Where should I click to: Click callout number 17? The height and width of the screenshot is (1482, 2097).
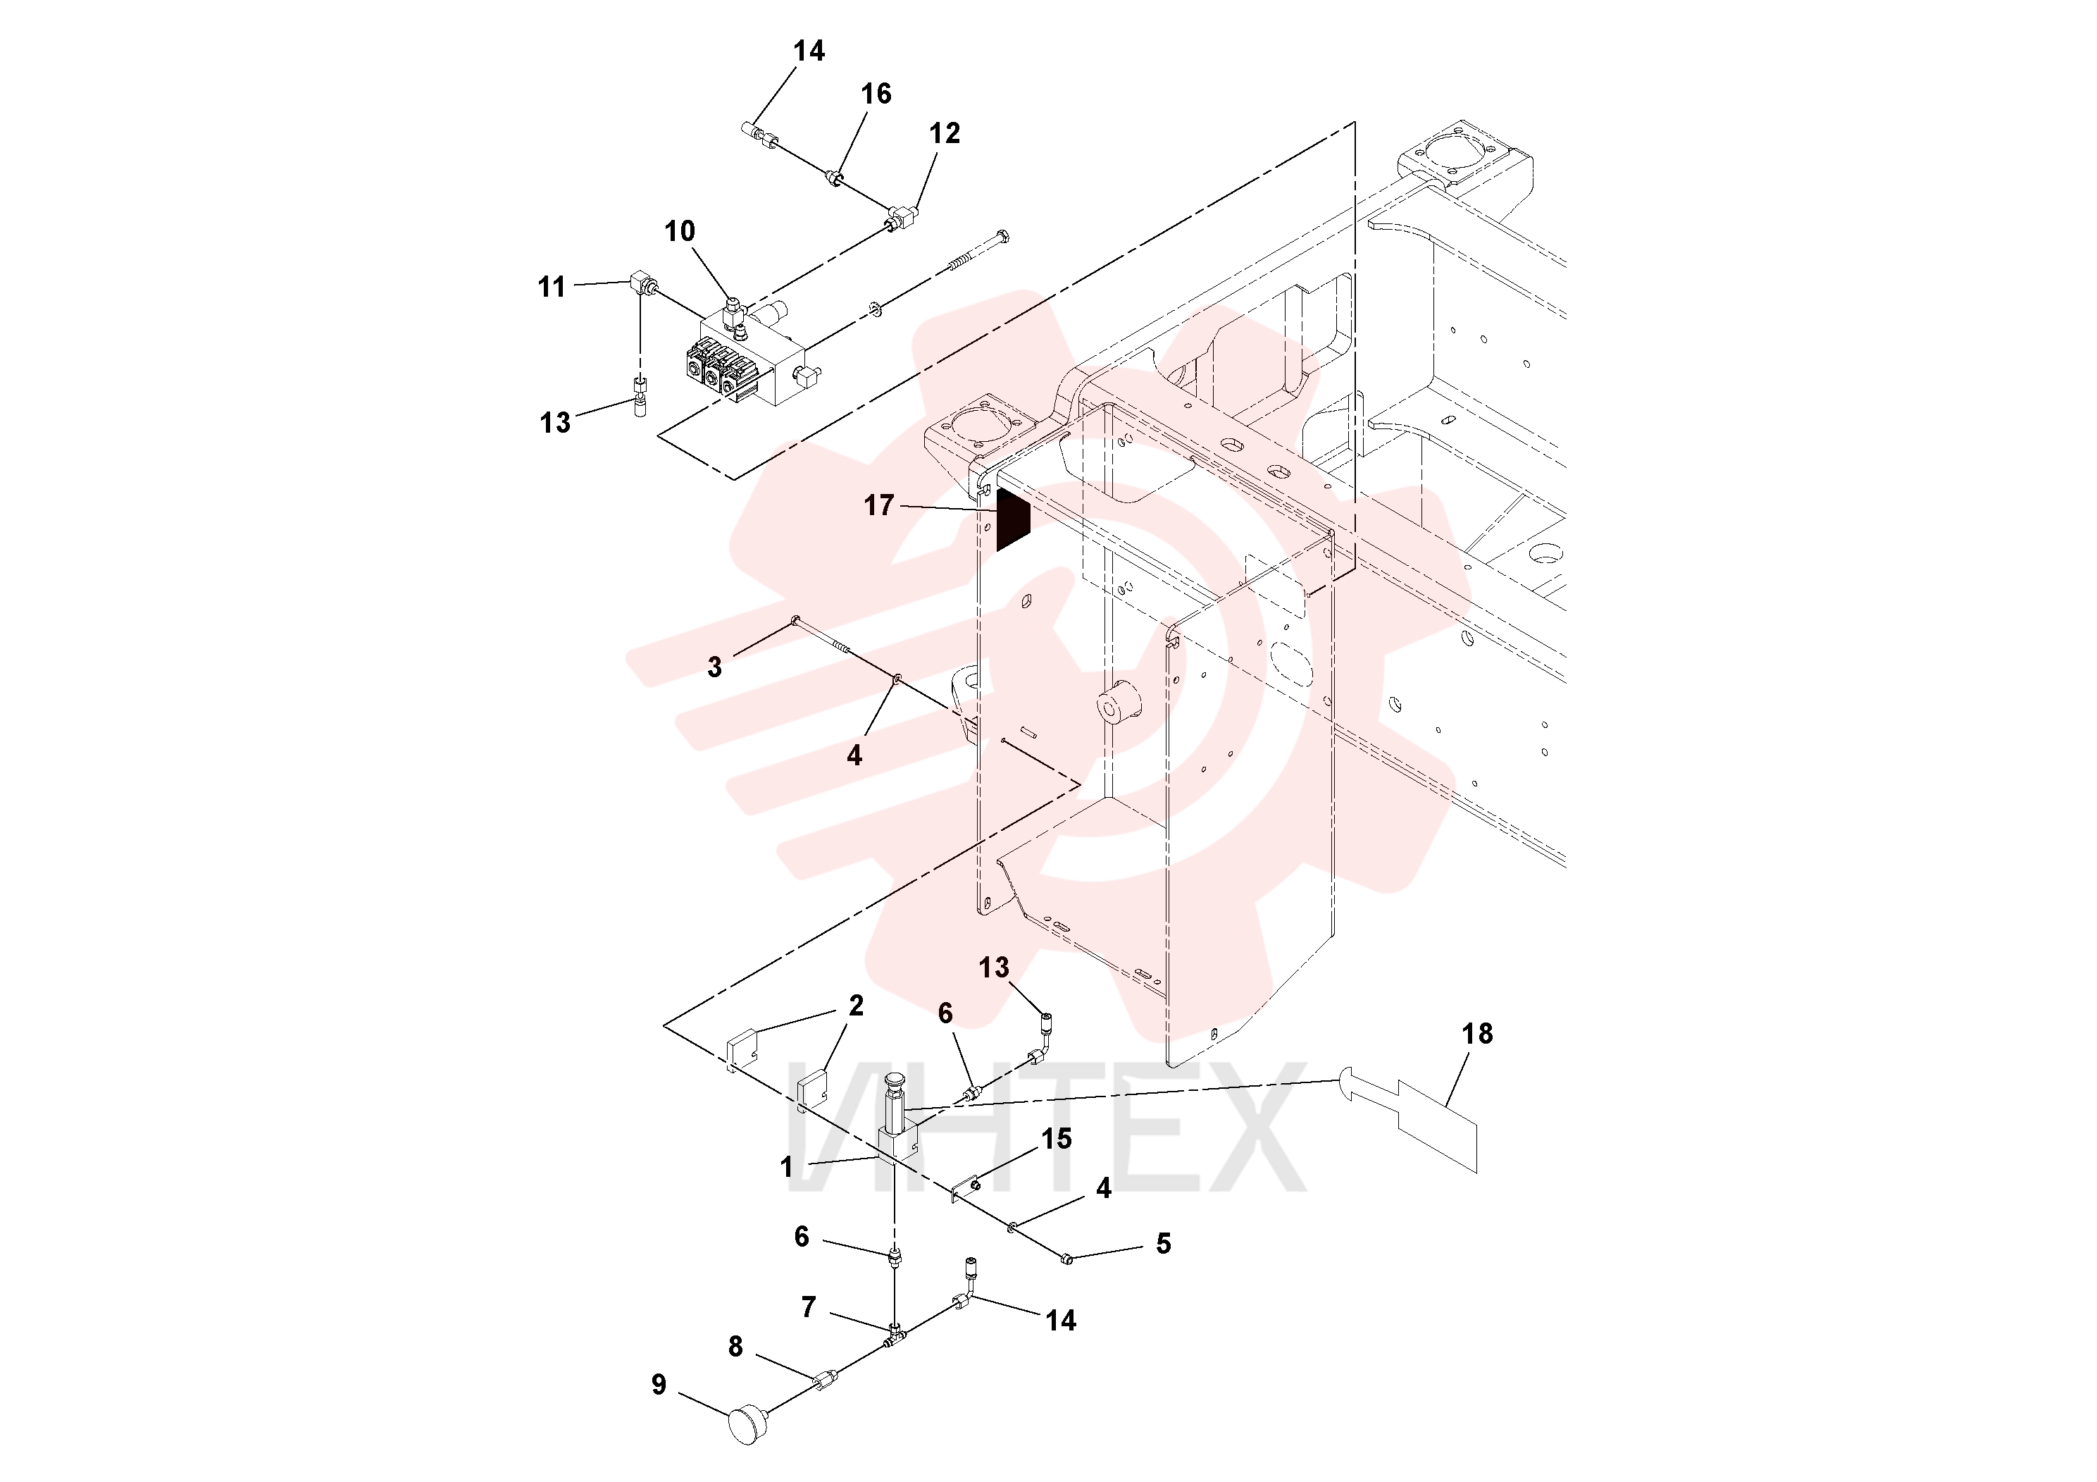pyautogui.click(x=878, y=505)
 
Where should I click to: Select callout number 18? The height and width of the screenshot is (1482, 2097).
pyautogui.click(x=1477, y=1033)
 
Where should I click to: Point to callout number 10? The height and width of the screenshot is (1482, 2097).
pyautogui.click(x=680, y=231)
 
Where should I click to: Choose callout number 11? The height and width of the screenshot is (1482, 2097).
pyautogui.click(x=552, y=287)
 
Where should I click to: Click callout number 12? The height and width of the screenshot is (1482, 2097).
pyautogui.click(x=945, y=133)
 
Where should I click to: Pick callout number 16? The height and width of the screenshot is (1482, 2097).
pyautogui.click(x=876, y=93)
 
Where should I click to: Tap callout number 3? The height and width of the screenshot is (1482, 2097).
pyautogui.click(x=714, y=667)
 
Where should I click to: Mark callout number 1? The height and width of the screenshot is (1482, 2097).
pyautogui.click(x=786, y=1167)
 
